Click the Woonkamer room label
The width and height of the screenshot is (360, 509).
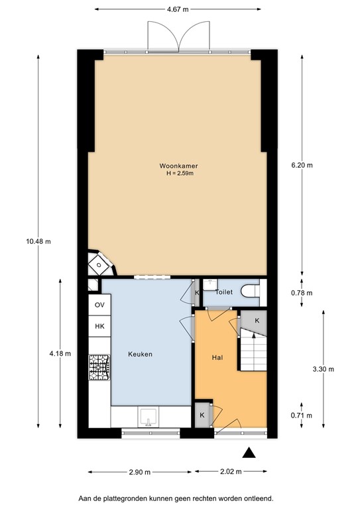(x=178, y=166)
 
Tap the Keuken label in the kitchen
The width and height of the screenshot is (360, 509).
(x=141, y=354)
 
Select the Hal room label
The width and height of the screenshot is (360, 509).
(x=217, y=358)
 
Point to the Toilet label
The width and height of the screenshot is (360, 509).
(x=224, y=292)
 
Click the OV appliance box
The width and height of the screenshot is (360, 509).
(x=99, y=305)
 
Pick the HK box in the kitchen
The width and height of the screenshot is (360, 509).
(x=99, y=326)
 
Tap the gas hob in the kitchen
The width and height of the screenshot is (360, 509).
(x=99, y=367)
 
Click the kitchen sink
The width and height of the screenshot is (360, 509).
(x=149, y=418)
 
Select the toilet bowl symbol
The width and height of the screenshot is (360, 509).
(x=251, y=291)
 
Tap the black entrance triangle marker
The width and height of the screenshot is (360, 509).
(x=249, y=453)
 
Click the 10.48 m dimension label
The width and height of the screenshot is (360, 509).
(x=38, y=241)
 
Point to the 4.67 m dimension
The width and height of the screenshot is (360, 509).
(x=178, y=9)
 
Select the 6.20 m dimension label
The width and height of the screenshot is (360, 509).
(x=302, y=165)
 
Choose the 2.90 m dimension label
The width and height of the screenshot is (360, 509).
(x=140, y=473)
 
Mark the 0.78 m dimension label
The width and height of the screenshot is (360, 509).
(x=302, y=293)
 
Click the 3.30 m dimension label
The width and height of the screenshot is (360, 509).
(x=324, y=369)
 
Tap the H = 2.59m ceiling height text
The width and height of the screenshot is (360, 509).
(x=180, y=174)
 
